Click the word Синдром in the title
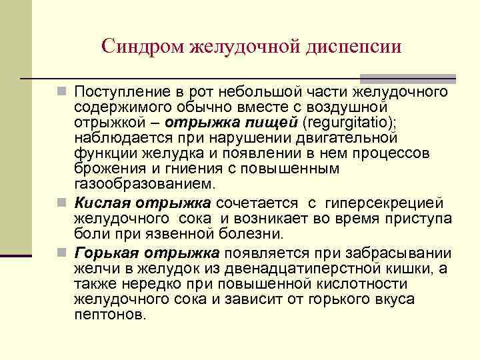143,46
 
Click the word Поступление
121,91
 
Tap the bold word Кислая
99,203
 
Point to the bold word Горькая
103,253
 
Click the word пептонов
109,314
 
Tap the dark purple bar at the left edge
15,255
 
